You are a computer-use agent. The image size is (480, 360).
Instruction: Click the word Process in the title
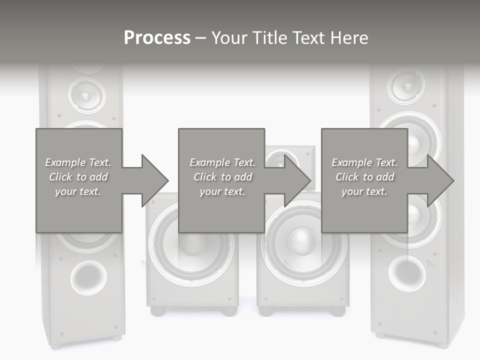157,38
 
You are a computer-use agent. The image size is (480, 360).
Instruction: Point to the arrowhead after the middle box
297,180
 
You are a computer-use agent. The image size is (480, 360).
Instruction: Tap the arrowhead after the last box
440,180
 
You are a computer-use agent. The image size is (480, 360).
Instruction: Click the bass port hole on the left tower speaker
88,276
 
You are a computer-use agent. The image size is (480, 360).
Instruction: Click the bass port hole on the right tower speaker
407,272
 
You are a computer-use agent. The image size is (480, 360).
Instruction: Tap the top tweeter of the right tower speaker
406,86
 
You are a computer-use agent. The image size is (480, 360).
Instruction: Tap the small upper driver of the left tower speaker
86,94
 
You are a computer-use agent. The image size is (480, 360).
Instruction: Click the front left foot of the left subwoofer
158,311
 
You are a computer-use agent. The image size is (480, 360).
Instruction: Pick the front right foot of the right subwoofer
337,311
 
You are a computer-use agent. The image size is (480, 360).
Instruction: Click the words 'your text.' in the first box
78,191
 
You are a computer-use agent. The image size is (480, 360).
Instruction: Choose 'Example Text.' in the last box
364,162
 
